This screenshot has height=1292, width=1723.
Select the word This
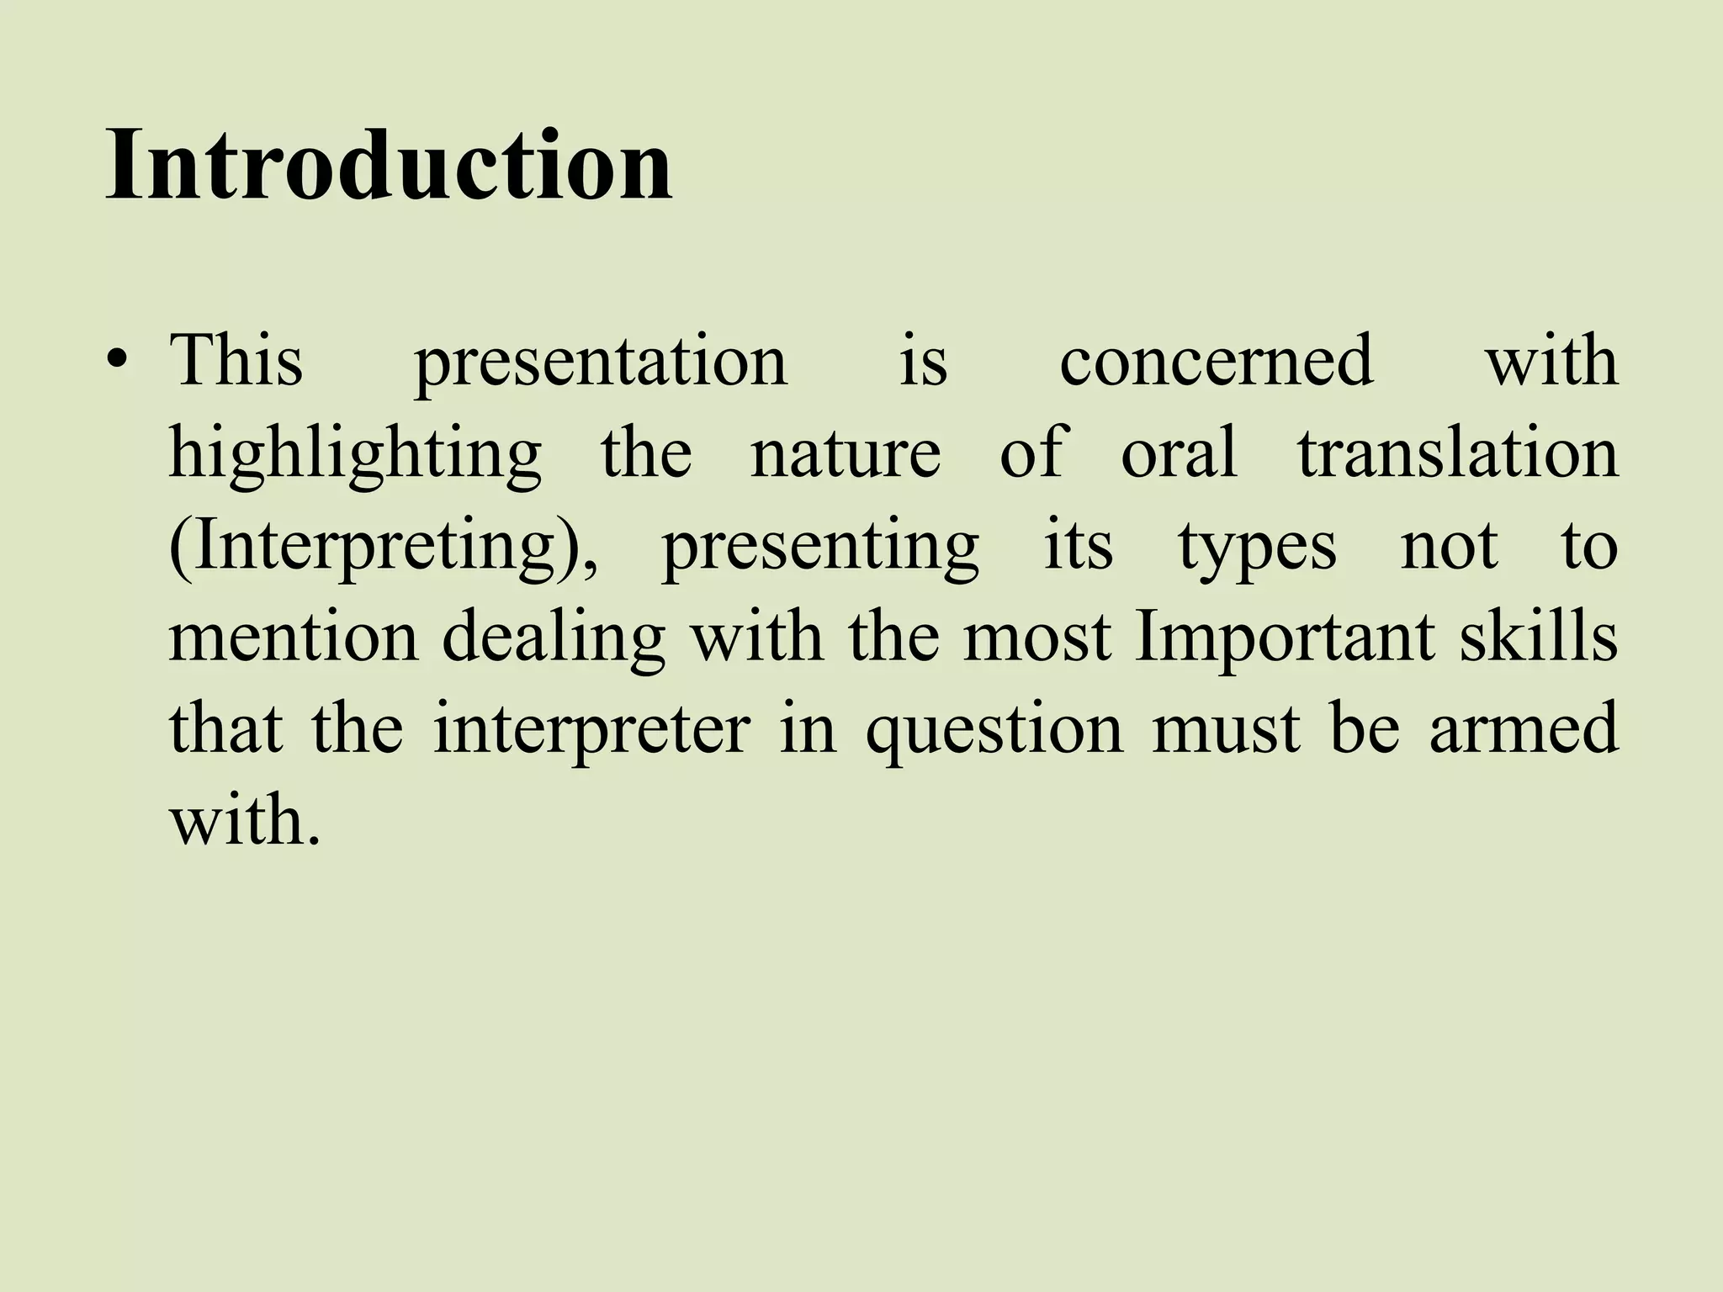236,361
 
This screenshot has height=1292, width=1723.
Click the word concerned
1216,361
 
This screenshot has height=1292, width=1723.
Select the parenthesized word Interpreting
384,548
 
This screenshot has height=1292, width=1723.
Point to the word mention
293,638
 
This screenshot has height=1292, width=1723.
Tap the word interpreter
591,730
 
